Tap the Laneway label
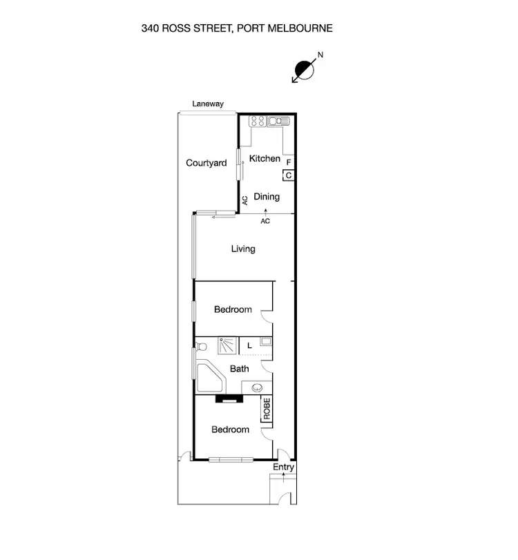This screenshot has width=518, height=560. point(208,104)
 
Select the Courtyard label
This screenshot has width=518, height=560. point(207,163)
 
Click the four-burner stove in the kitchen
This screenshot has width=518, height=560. point(257,122)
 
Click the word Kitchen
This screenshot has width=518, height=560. point(265,159)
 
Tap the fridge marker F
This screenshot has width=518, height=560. point(289,163)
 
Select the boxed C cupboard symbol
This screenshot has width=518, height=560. point(289,175)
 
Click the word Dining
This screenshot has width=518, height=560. point(267,197)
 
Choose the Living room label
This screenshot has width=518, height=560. point(243,249)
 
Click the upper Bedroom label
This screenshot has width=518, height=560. point(233,309)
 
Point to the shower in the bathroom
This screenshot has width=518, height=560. point(227,345)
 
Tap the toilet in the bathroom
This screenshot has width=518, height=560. point(201,349)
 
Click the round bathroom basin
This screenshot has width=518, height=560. point(258,387)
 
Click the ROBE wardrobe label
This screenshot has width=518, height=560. point(267,409)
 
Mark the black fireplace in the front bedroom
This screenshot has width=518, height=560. point(228,398)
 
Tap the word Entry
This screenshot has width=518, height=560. point(283,467)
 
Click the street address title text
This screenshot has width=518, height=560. point(237,28)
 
